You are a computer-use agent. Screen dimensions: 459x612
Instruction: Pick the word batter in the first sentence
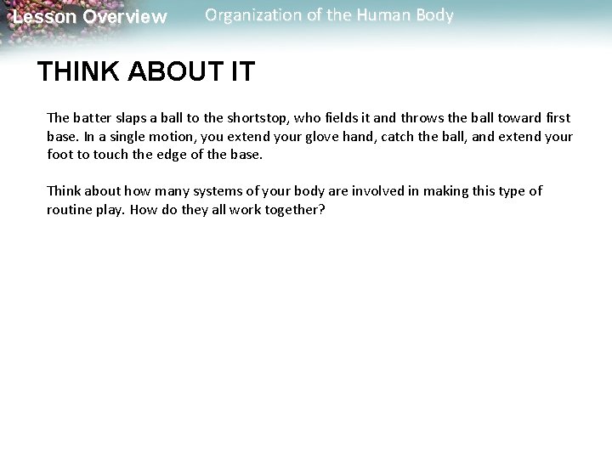coord(91,118)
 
